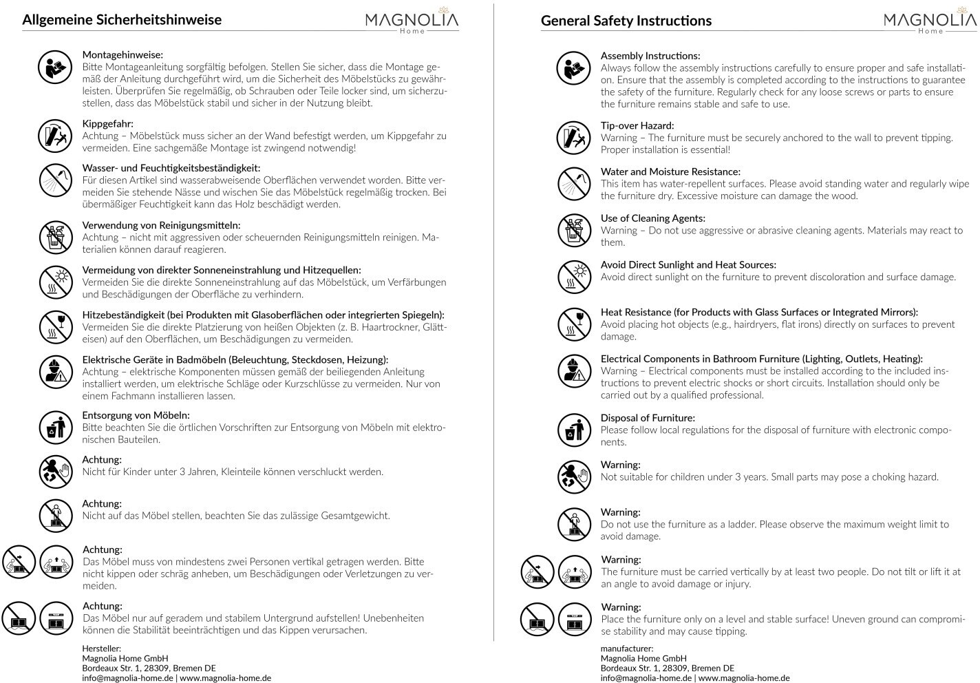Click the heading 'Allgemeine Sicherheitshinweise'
point(122,19)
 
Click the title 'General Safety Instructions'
point(626,21)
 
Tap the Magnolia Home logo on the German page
point(412,21)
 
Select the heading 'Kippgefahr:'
point(108,124)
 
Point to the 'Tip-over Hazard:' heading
point(637,125)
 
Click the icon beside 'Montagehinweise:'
point(54,67)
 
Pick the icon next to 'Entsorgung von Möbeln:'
point(56,428)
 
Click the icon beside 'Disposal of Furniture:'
point(574,430)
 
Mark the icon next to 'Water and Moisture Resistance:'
point(574,183)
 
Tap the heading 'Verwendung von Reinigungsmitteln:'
point(161,225)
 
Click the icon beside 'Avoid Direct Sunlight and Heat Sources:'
point(574,277)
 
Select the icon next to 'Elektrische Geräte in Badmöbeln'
point(56,372)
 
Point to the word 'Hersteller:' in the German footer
point(101,648)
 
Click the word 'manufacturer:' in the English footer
point(627,648)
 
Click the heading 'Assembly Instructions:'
point(650,56)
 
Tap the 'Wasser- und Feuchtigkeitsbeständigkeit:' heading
point(171,168)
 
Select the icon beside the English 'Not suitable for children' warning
point(574,477)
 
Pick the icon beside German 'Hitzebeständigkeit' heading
point(56,327)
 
